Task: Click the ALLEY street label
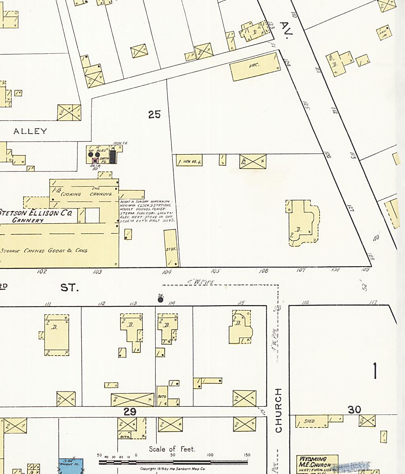click(x=30, y=131)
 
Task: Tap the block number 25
click(x=154, y=115)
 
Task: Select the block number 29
click(x=130, y=412)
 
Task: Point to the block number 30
click(x=354, y=410)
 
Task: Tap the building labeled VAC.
click(x=255, y=66)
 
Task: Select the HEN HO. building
click(x=189, y=161)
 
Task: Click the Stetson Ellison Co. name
click(x=36, y=213)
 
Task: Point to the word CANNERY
click(x=28, y=220)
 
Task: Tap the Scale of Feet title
click(x=172, y=449)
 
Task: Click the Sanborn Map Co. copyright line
click(x=172, y=469)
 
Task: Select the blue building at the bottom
click(x=71, y=466)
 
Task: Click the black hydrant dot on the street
click(x=161, y=299)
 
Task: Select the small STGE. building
click(x=170, y=249)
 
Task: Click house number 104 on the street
click(x=167, y=272)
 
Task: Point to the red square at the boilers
click(x=95, y=160)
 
